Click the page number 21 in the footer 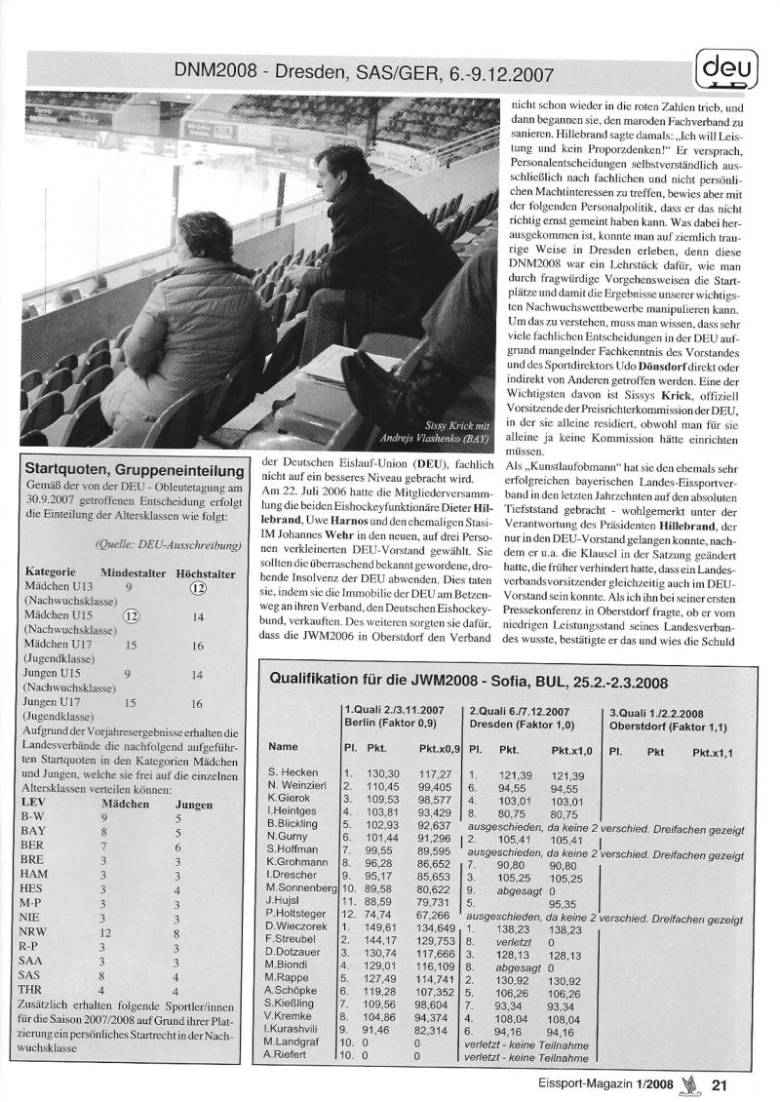(x=721, y=1082)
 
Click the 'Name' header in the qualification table (x=283, y=746)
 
